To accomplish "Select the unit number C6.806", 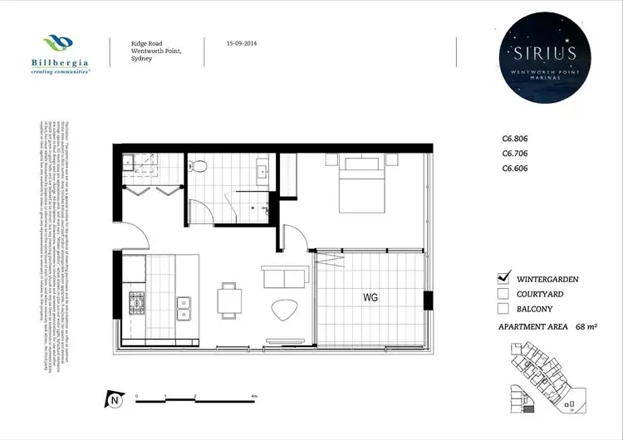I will point(515,140).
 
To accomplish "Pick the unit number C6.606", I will point(515,169).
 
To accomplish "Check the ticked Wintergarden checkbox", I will point(502,277).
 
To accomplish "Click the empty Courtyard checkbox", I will point(502,293).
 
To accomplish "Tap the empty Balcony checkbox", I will point(502,308).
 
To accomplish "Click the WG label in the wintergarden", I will point(369,297).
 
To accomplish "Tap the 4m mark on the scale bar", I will point(254,397).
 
